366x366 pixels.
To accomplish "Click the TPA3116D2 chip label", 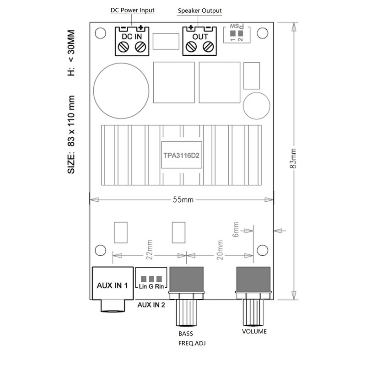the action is coord(181,156).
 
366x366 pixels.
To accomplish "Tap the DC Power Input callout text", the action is coord(132,10).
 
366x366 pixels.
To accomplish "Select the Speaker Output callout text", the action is coord(199,11).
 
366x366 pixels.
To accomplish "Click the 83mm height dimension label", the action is coord(293,158).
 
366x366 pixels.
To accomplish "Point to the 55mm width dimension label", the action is coord(183,200).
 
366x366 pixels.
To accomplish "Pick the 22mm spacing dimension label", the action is coord(149,249).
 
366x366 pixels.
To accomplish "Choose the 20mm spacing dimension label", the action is coord(220,250).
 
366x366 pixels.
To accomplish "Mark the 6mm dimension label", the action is coord(236,230).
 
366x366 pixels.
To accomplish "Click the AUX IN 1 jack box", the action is coord(113,283).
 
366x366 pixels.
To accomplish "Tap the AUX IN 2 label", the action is coord(151,305).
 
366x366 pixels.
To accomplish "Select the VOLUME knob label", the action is coord(254,331).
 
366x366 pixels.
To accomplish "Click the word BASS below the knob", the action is coord(186,334).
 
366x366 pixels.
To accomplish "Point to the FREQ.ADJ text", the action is coord(192,344).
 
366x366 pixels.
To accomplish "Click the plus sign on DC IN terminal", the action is coord(140,28).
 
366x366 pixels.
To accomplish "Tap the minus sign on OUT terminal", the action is coord(208,28).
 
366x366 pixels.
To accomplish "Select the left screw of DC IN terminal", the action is coord(124,47).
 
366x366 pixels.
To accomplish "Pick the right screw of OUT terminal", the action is coord(208,47).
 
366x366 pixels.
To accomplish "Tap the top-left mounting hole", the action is coord(100,33).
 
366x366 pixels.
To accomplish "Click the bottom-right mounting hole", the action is coord(262,250).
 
